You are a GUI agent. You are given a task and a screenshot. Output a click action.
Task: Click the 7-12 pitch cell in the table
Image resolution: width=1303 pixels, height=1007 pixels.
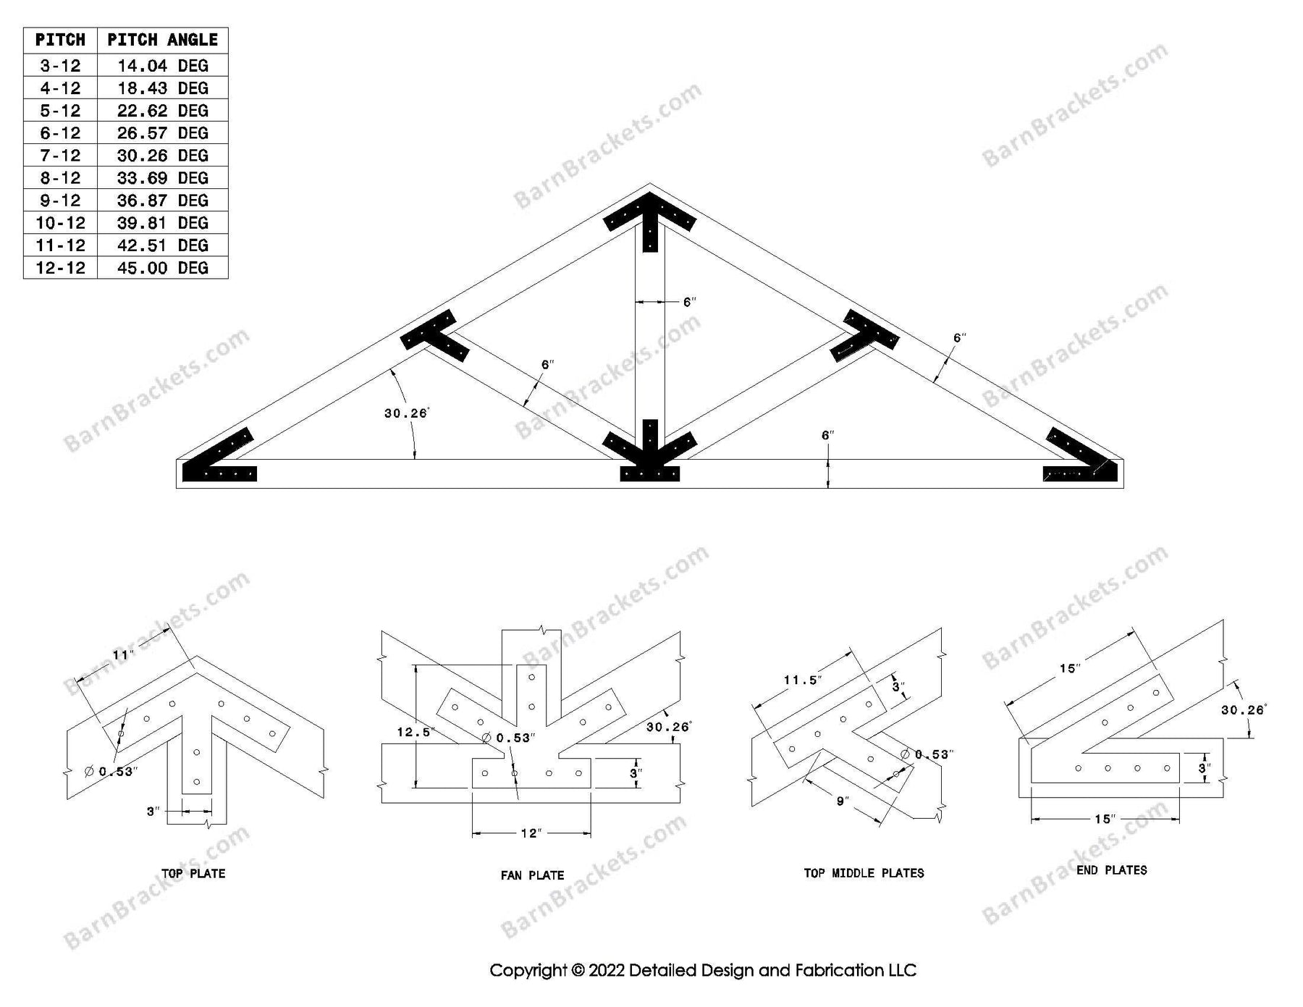tap(60, 156)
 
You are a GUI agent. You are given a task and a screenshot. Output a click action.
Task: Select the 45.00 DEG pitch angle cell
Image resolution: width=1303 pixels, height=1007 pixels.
tap(162, 268)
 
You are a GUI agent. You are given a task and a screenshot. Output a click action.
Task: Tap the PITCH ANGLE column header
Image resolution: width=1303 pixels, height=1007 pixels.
tap(162, 40)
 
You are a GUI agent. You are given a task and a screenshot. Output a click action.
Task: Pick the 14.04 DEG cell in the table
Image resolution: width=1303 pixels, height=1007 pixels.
tap(162, 66)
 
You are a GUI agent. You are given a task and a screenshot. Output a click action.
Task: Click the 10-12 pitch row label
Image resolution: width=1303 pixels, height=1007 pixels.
tap(60, 223)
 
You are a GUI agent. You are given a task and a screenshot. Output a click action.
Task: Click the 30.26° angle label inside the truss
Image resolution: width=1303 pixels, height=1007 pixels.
tap(406, 413)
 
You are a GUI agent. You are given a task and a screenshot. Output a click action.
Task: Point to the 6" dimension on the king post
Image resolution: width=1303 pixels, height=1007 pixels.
tap(689, 302)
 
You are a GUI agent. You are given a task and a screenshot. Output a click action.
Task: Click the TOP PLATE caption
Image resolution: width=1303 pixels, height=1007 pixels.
tap(193, 874)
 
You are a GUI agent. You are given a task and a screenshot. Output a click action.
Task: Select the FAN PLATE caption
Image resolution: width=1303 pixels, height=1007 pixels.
tap(532, 875)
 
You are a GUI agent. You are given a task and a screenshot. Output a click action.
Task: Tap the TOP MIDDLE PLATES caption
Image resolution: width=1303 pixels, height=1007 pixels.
tap(864, 873)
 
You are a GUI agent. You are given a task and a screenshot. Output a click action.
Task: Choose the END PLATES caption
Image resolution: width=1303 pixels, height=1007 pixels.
tap(1111, 870)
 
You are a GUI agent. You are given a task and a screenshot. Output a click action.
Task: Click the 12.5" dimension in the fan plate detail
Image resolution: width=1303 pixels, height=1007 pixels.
tap(414, 732)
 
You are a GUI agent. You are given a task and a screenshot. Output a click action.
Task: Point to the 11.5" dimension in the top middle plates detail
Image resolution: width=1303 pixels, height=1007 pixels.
tap(803, 680)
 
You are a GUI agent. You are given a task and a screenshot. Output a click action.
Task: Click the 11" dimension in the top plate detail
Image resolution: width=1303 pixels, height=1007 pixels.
tap(122, 655)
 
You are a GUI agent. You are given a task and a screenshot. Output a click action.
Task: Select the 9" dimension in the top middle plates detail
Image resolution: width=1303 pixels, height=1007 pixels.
tap(842, 801)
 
